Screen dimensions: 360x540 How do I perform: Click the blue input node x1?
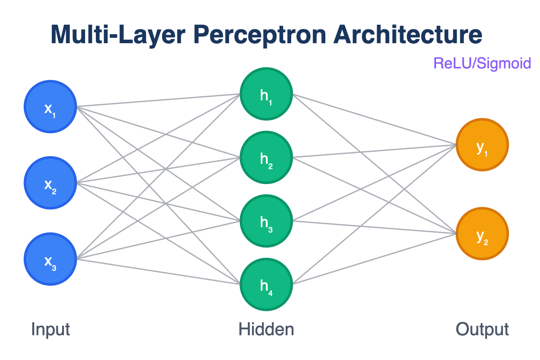tap(50, 107)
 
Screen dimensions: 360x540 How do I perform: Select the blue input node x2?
tap(50, 183)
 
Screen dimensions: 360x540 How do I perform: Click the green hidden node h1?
tap(266, 94)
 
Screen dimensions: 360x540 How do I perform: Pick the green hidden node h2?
tap(266, 157)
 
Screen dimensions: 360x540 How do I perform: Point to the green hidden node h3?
tap(266, 221)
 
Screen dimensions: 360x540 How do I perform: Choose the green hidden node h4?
tap(266, 284)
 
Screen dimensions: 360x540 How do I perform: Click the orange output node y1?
tap(482, 145)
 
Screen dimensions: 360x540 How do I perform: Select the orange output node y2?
tap(482, 234)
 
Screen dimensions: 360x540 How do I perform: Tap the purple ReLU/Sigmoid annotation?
tap(482, 63)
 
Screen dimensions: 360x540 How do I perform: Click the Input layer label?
tap(50, 329)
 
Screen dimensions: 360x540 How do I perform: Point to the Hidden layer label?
tap(266, 329)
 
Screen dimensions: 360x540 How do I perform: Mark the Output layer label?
tap(482, 329)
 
